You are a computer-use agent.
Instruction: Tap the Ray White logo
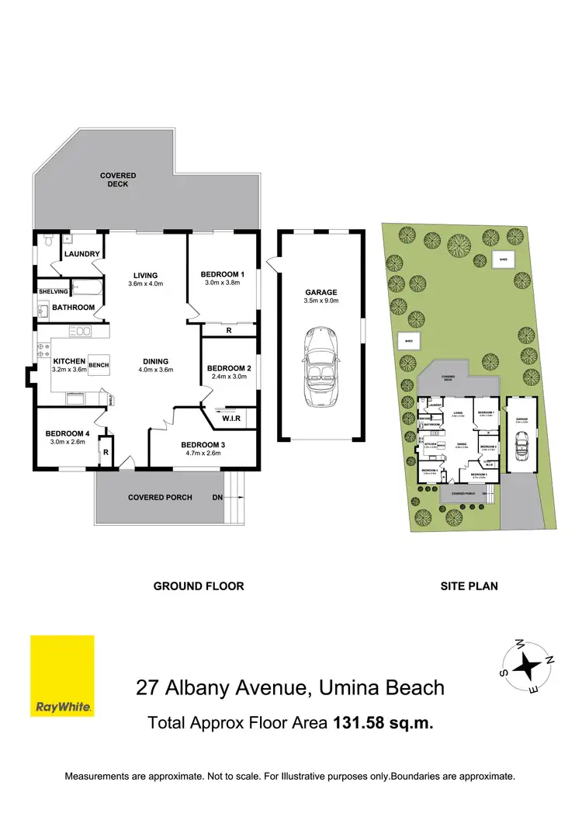pos(62,676)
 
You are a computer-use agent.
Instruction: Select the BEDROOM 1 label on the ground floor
pos(223,274)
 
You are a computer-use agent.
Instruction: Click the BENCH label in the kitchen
pos(98,364)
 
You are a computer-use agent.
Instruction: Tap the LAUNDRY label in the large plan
pos(81,254)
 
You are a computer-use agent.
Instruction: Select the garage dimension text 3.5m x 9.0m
pos(320,301)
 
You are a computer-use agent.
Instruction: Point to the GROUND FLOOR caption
pos(199,586)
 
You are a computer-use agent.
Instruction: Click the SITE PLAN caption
pos(469,586)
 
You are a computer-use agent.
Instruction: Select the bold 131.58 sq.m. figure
pos(383,723)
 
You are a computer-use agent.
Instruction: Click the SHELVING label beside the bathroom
pos(53,291)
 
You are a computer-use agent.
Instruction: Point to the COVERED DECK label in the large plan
pos(118,180)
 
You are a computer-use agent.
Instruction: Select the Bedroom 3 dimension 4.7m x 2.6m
pos(202,455)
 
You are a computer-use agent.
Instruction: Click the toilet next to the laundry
pos(47,242)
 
